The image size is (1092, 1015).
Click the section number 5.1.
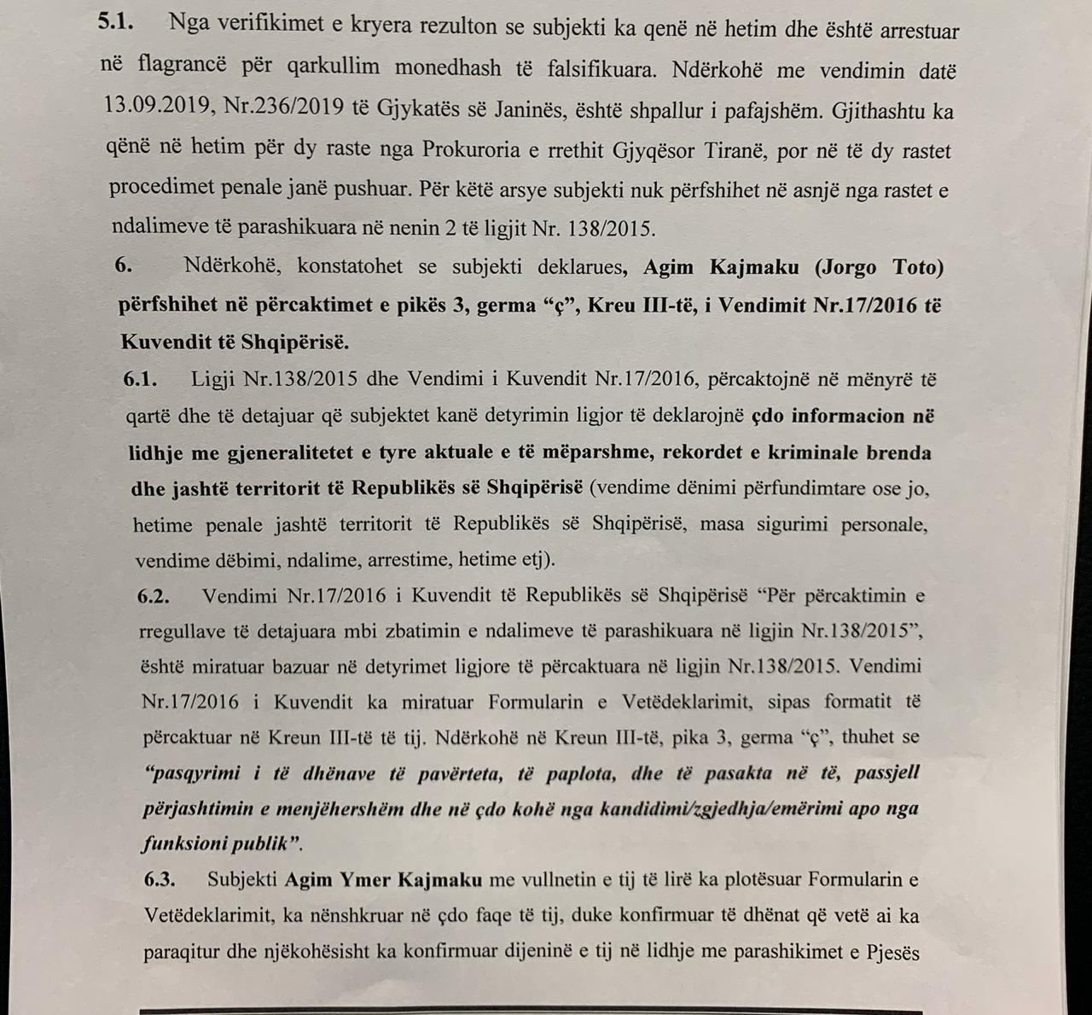pyautogui.click(x=116, y=23)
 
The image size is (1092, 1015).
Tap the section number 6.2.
pyautogui.click(x=154, y=595)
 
